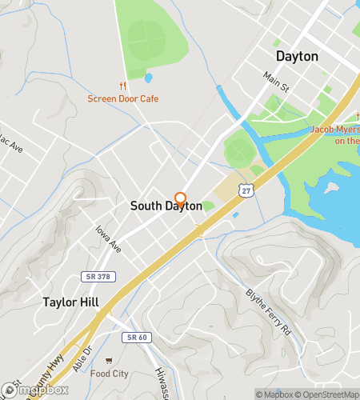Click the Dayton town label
click(x=297, y=56)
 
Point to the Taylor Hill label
click(x=71, y=303)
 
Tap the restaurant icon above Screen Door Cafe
click(x=122, y=86)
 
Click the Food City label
click(x=109, y=374)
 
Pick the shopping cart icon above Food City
click(x=109, y=360)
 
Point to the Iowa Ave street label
click(x=107, y=238)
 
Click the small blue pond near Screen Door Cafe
click(x=149, y=78)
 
